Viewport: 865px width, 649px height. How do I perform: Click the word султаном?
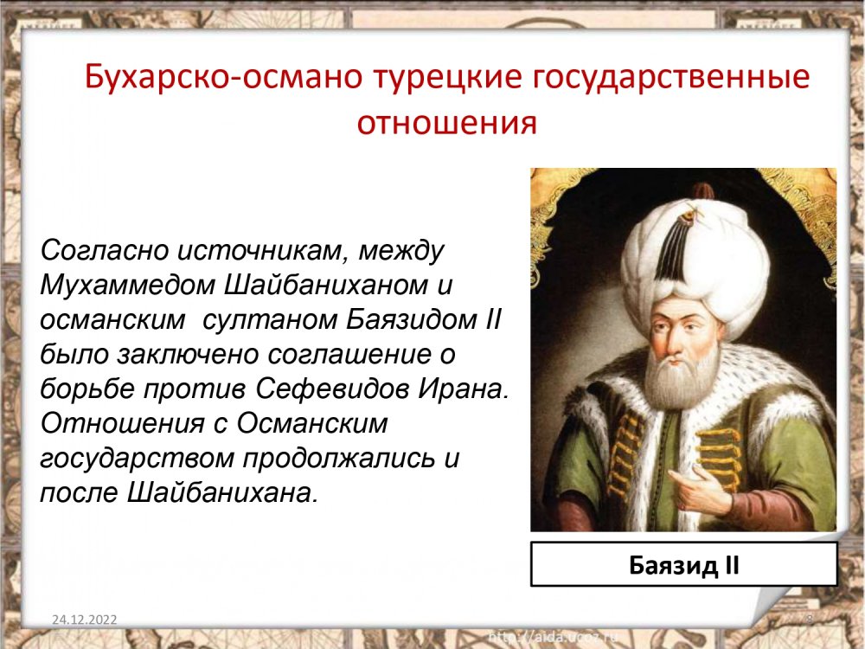[269, 319]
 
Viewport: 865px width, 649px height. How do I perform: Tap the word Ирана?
[462, 389]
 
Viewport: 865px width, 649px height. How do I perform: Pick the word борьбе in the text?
[87, 389]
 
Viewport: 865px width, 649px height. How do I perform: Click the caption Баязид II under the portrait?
[683, 565]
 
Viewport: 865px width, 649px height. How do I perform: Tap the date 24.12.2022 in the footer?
[85, 620]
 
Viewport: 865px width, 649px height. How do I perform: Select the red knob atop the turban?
[703, 191]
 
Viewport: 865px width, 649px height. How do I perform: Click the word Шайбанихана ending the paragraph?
[222, 492]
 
